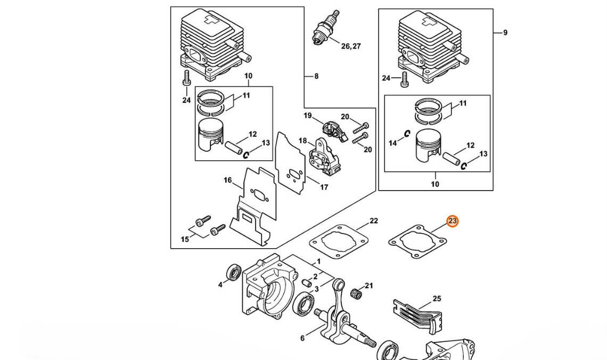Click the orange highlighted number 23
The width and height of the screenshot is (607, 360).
(452, 221)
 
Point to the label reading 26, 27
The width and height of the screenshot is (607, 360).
(351, 46)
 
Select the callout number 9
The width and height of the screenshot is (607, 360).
(505, 32)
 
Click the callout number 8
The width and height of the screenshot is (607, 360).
(316, 76)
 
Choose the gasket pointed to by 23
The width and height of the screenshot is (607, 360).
(417, 241)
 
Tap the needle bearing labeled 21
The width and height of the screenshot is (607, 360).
(357, 293)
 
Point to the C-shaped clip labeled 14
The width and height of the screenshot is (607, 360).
(407, 134)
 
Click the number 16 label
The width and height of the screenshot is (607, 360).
(228, 180)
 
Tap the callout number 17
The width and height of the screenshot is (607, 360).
(324, 187)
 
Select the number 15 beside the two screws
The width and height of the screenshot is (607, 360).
(185, 239)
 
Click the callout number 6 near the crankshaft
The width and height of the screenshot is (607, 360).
(302, 338)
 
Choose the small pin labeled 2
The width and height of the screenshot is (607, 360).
(307, 283)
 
